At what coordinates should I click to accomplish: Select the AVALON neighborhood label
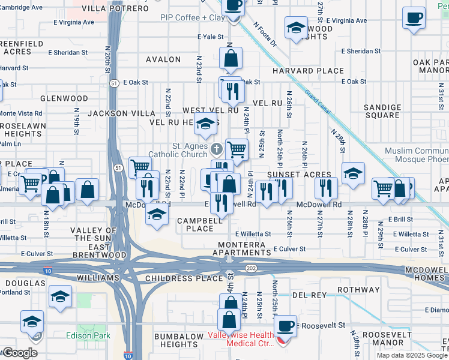(163, 59)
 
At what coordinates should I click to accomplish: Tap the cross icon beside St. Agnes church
(216, 148)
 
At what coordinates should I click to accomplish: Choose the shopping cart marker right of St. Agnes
(237, 149)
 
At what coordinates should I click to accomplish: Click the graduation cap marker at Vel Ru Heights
(206, 124)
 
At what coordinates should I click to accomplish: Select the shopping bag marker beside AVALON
(231, 59)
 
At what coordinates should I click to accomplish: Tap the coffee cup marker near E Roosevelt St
(285, 326)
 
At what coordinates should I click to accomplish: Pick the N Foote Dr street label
(265, 36)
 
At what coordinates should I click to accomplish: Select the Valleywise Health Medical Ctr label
(243, 339)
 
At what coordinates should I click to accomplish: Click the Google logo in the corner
(20, 353)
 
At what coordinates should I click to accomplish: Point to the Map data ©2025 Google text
(411, 355)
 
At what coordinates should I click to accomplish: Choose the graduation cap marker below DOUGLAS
(60, 296)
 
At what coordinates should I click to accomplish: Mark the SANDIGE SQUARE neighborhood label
(382, 111)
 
